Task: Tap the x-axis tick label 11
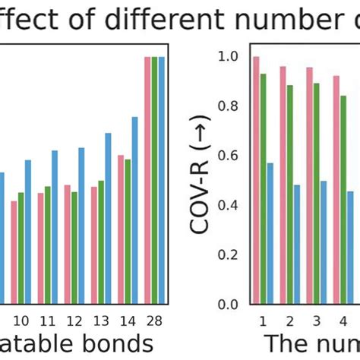pos(48,319)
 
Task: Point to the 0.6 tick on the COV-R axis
pos(228,156)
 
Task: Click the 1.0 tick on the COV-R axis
pos(228,56)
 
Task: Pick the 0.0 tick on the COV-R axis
pos(228,305)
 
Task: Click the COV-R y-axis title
pos(203,181)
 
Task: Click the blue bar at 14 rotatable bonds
pos(135,210)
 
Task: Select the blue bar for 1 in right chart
pos(270,234)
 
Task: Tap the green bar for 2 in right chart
pos(290,194)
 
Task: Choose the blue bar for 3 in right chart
pos(324,242)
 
